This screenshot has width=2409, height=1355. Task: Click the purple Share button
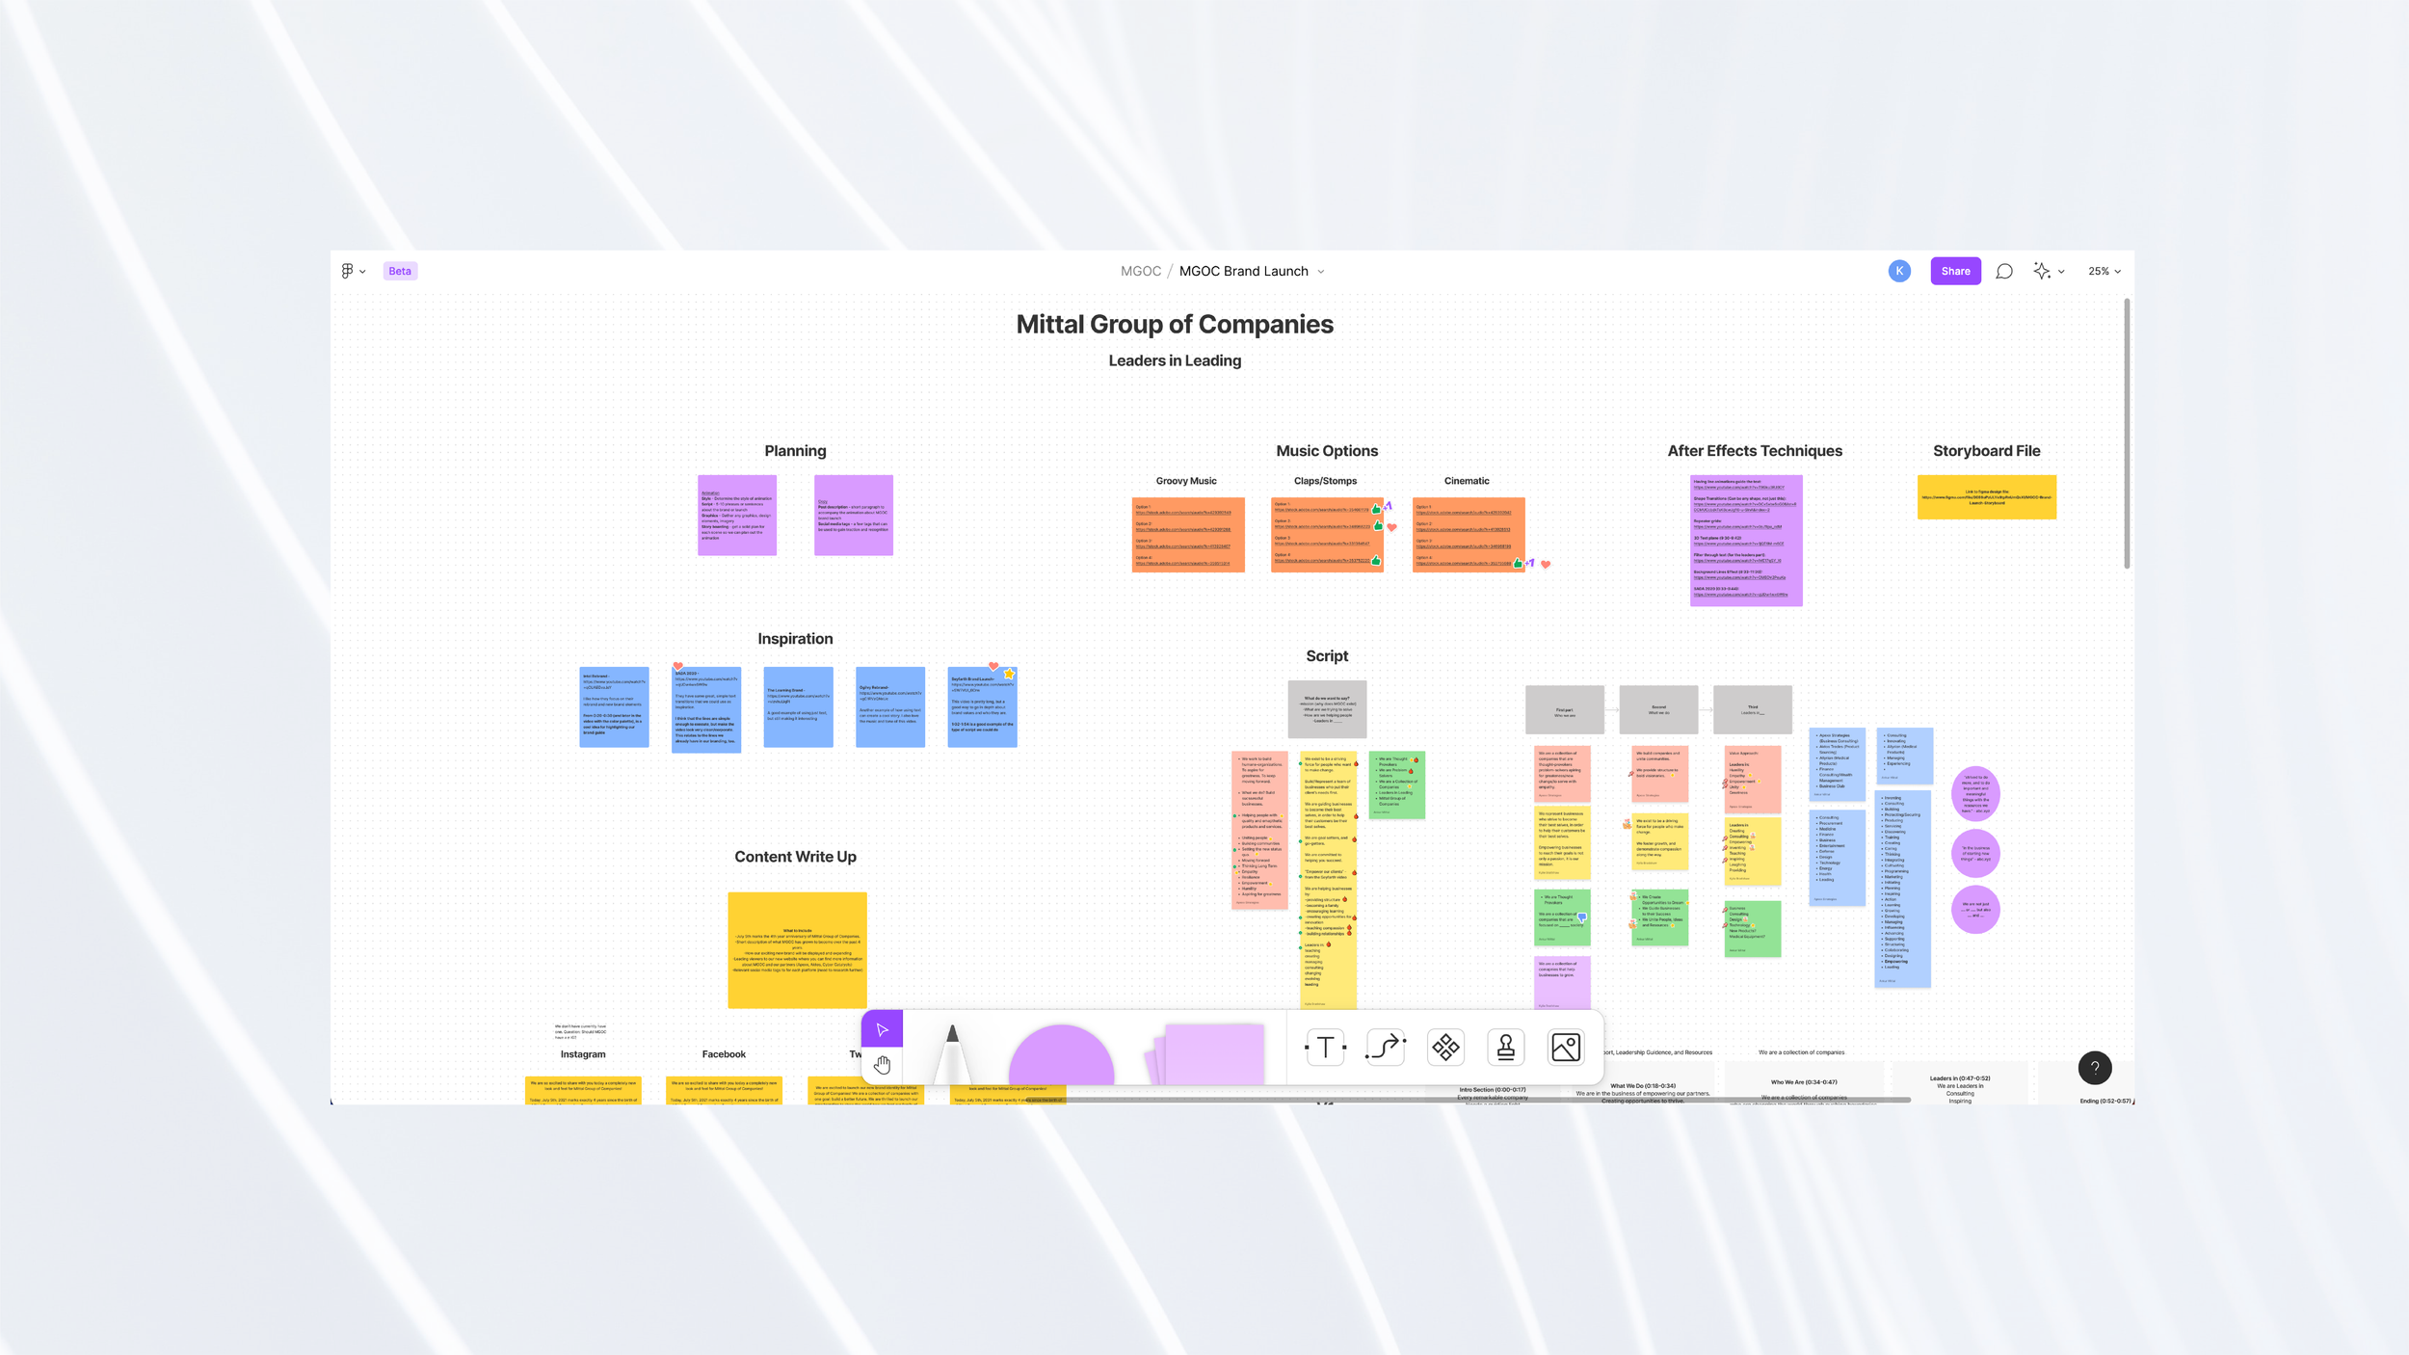(1955, 271)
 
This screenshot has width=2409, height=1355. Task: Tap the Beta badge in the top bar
(400, 271)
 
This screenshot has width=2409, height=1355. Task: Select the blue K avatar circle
(1899, 271)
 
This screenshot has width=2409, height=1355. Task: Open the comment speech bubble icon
(2004, 271)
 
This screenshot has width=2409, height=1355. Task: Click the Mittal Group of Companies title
(1175, 324)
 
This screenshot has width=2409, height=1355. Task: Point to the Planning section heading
(795, 450)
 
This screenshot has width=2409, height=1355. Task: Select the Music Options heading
(1327, 450)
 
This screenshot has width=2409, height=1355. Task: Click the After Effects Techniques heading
(1755, 450)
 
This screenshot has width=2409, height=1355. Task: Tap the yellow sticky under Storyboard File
(1986, 497)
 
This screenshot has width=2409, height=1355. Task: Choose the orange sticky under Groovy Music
(1188, 535)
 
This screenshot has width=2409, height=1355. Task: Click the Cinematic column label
(1467, 481)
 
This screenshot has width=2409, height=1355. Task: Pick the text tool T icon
(1325, 1047)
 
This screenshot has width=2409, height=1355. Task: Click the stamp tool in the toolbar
(1505, 1047)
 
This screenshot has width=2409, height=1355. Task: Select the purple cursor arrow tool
(882, 1029)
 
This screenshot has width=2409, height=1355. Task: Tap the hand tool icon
(882, 1065)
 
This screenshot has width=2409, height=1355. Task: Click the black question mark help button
(2095, 1068)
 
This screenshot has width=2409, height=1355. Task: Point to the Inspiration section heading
(795, 638)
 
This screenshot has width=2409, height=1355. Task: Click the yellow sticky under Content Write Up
(797, 949)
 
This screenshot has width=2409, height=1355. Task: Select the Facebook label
(724, 1054)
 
